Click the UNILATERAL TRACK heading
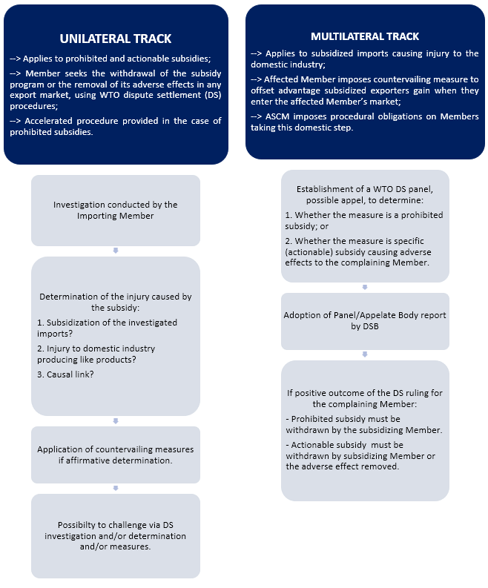coord(116,39)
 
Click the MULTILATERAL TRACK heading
coord(365,36)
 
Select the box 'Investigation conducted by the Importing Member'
coord(116,210)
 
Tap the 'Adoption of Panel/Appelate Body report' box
coord(365,320)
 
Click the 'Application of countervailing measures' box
coord(116,455)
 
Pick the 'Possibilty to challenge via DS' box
coord(116,535)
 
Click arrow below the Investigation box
coord(116,251)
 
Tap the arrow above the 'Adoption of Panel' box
coord(365,287)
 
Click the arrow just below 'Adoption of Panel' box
coord(365,354)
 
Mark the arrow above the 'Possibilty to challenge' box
coord(116,488)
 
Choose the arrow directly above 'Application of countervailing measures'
coord(116,420)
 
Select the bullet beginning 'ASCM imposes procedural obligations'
coord(365,122)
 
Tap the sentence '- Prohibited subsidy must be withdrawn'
coord(364,425)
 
